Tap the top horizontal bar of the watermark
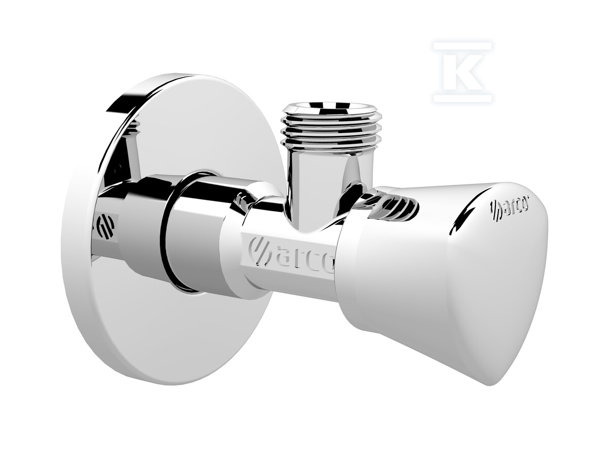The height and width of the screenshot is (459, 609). coord(463,46)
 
